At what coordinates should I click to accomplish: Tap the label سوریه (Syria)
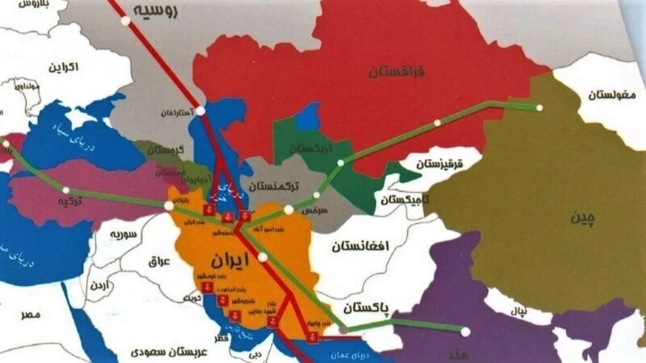pos(122,235)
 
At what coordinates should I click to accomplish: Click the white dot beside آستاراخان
pos(200,111)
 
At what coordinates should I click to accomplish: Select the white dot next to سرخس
pos(289,209)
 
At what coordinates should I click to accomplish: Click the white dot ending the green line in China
pos(539,108)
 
